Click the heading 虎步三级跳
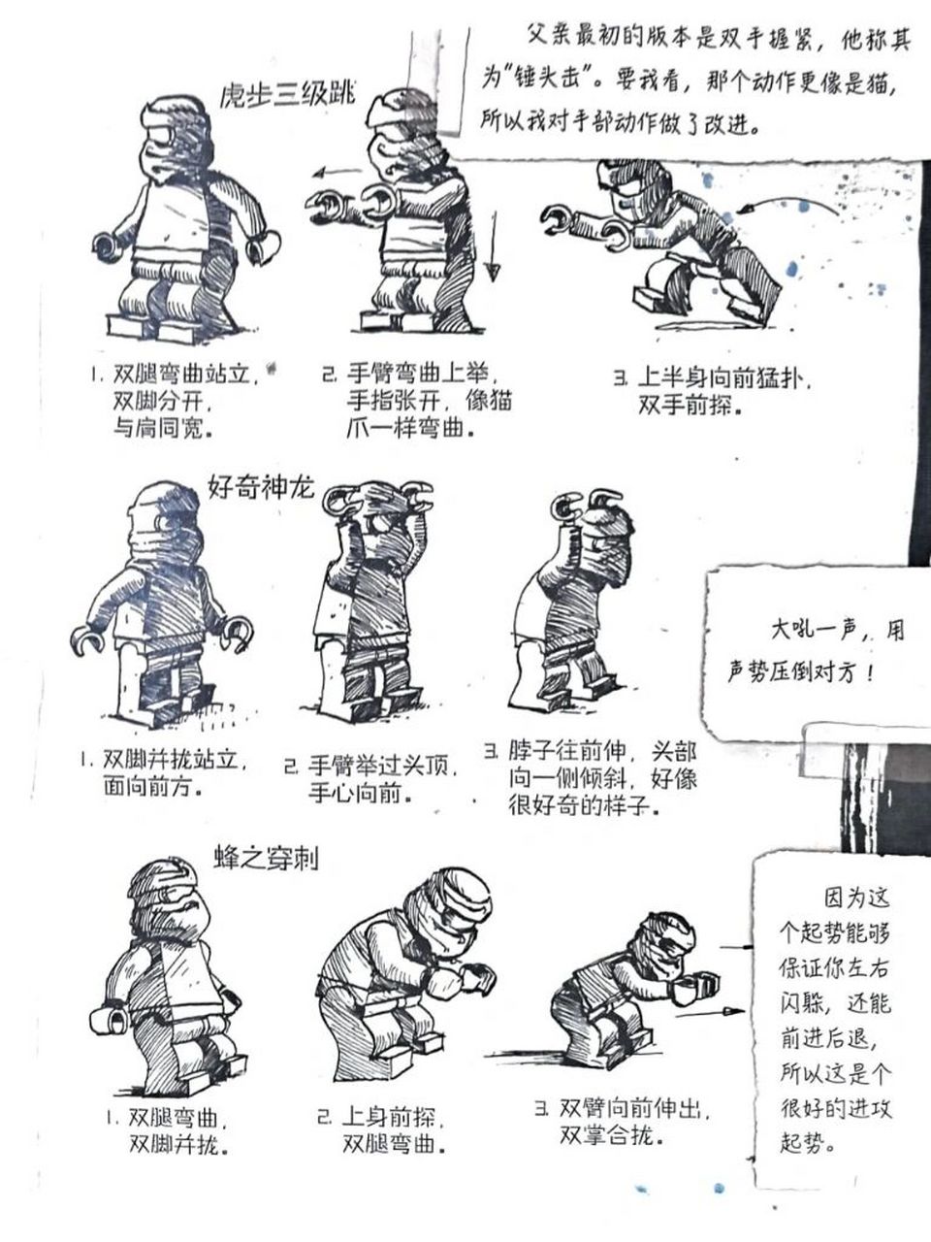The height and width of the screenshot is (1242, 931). point(289,94)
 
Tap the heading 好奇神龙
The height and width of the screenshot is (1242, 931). point(261,487)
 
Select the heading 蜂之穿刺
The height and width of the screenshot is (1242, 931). point(266,857)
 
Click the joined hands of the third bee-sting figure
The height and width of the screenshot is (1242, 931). point(694,988)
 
